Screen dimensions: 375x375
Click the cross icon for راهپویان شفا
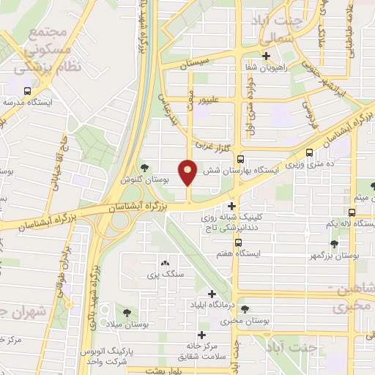pos(266,56)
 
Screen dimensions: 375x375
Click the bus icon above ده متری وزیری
pos(311,152)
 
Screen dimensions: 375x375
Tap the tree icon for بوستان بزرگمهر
pos(335,243)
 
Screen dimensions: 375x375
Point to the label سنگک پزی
pos(163,275)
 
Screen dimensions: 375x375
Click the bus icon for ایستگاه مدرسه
pos(27,92)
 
